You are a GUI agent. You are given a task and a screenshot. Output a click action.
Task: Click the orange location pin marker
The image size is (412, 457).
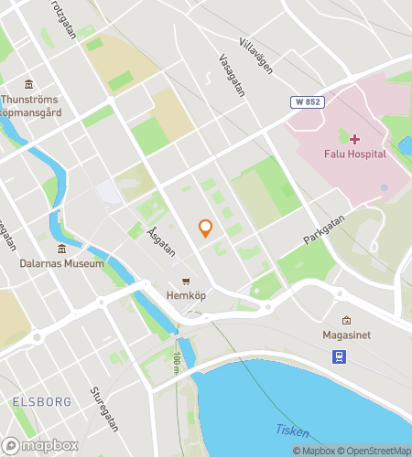point(206,228)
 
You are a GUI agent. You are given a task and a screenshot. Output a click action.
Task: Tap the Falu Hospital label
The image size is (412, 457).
point(354,154)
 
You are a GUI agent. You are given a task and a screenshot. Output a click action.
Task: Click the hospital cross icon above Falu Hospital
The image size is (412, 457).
point(354,139)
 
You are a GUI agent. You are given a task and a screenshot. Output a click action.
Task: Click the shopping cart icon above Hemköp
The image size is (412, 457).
point(186,281)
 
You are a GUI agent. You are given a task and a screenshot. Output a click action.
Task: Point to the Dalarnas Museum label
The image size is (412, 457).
point(61,263)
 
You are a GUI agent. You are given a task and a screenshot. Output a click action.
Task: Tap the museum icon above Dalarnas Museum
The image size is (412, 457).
point(61,249)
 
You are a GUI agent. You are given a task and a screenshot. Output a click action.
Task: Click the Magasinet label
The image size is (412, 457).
point(346,336)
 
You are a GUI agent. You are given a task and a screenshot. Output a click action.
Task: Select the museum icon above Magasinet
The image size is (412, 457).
point(346,321)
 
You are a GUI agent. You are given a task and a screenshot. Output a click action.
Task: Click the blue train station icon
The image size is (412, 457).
point(338,356)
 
